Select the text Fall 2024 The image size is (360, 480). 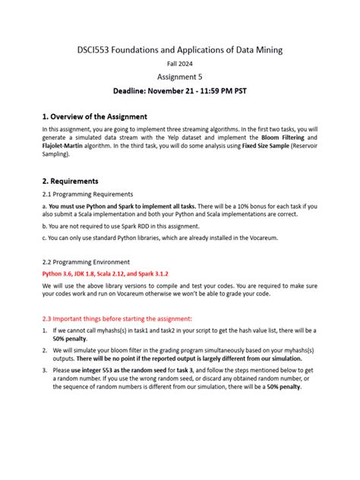click(180, 65)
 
